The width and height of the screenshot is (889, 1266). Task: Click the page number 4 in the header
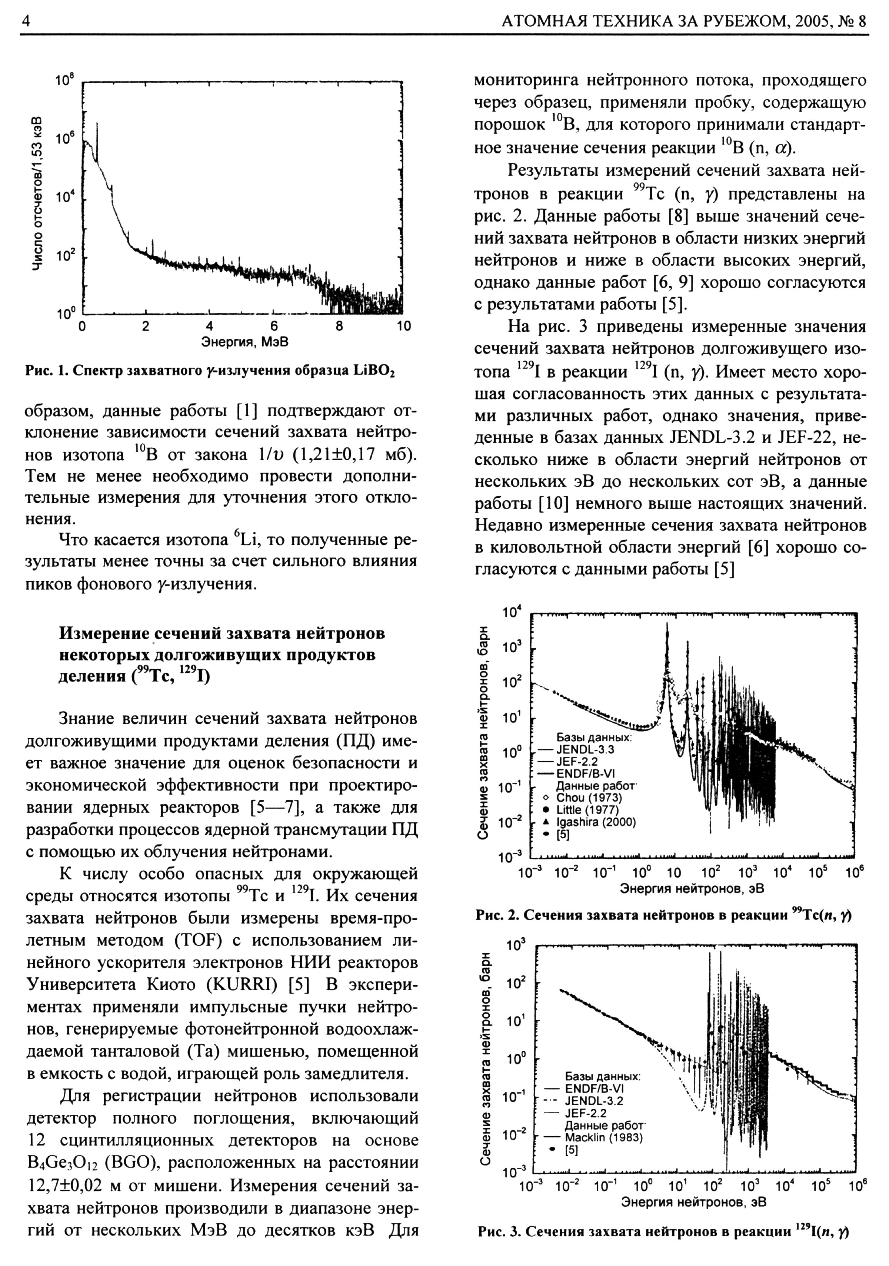25,21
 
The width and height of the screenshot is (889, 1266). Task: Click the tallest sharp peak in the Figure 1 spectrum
97,126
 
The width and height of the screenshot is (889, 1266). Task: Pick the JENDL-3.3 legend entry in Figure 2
585,749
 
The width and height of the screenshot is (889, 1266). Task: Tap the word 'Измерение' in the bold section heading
105,633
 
